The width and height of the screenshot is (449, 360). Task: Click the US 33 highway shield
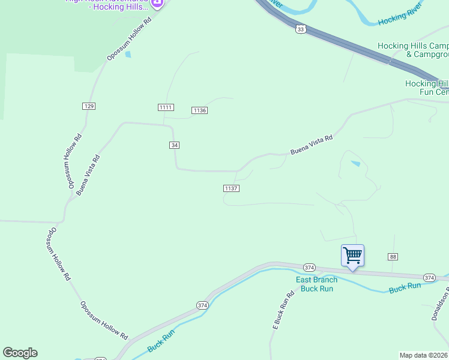click(x=301, y=28)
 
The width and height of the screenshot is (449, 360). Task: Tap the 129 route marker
click(x=89, y=106)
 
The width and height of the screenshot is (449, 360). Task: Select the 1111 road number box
click(x=166, y=107)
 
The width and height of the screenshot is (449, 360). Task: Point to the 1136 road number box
click(x=200, y=110)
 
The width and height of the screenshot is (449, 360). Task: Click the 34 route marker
click(x=174, y=145)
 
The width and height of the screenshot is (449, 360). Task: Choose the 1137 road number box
click(x=232, y=188)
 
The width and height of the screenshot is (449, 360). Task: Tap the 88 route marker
click(x=393, y=257)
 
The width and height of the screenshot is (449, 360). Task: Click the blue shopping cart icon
click(x=352, y=255)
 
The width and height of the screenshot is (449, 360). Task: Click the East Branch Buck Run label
click(x=316, y=284)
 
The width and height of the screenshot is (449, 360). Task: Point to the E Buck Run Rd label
click(x=283, y=310)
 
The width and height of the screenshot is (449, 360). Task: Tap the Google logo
click(x=20, y=353)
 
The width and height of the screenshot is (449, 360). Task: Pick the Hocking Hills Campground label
click(x=413, y=50)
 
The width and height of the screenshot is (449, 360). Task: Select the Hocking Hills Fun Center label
click(x=427, y=88)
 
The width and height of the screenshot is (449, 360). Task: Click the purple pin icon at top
click(x=157, y=4)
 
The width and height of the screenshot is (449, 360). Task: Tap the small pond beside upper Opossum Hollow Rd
click(x=128, y=55)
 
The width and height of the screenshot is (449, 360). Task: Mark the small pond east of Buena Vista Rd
click(x=356, y=163)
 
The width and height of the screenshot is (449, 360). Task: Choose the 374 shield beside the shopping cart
click(x=309, y=267)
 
